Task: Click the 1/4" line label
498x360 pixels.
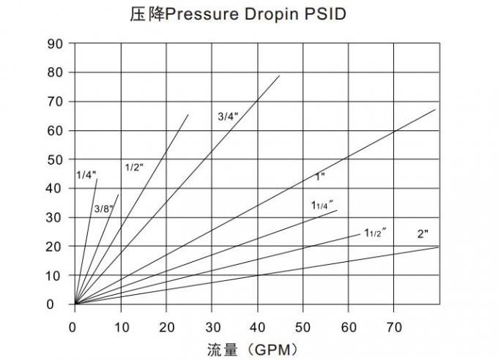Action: [86, 175]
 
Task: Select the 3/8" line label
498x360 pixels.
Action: [103, 209]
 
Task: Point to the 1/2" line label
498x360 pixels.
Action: [134, 167]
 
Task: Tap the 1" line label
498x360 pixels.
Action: [319, 176]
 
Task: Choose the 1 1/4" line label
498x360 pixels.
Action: [322, 204]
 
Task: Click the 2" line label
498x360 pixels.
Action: [422, 234]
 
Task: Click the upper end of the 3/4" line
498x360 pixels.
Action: [280, 75]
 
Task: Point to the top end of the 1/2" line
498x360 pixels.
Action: [188, 115]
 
